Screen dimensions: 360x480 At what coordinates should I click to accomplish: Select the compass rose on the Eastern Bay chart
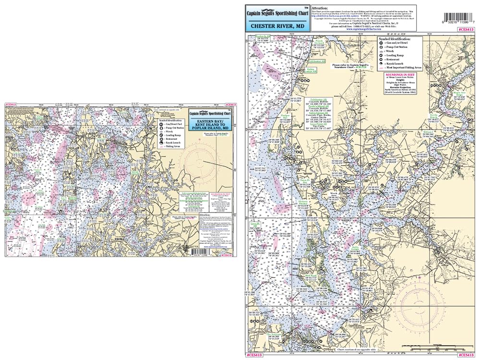click(x=205, y=160)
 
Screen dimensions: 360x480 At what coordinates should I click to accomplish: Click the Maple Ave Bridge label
click(x=460, y=93)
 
